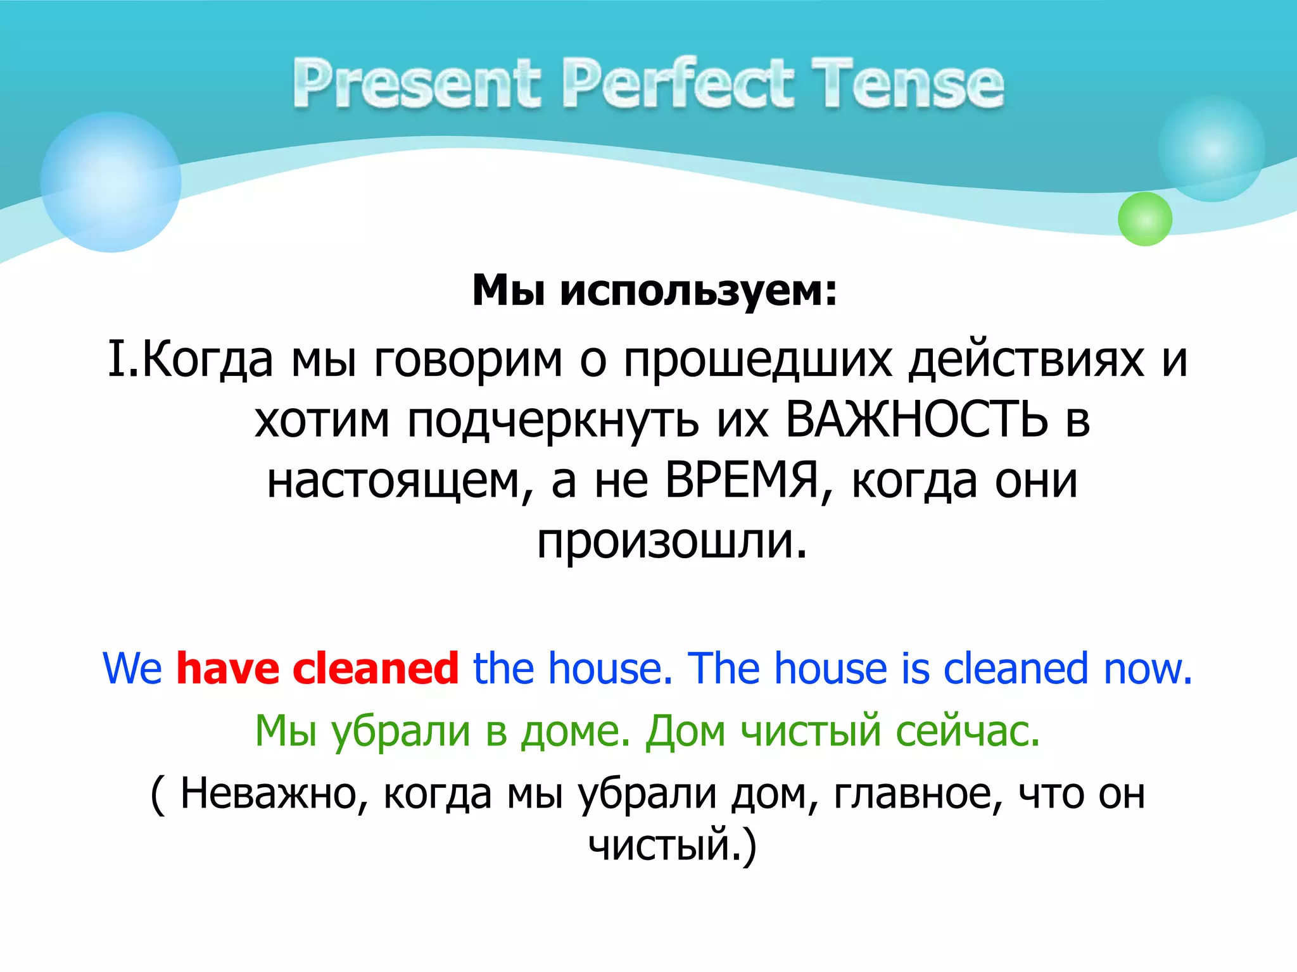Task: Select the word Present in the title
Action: pos(416,84)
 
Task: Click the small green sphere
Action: pos(1144,219)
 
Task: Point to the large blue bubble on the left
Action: pos(111,182)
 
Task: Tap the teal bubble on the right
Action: pos(1212,149)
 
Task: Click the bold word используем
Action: pos(699,291)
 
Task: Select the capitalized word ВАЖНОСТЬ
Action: pos(916,420)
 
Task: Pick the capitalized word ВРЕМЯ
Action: pos(742,480)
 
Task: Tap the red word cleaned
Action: pos(375,668)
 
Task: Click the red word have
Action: pos(227,668)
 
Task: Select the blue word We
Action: pos(132,668)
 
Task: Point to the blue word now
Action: pos(1148,668)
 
